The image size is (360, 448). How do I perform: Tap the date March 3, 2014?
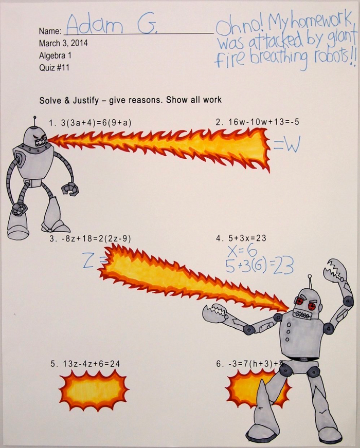click(63, 43)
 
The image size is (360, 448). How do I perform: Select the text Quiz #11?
click(54, 68)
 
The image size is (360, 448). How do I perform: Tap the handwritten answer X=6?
click(242, 251)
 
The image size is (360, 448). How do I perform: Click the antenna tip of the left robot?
click(35, 117)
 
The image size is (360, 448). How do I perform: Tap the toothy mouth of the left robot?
click(41, 141)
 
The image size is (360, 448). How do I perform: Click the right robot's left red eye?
click(300, 301)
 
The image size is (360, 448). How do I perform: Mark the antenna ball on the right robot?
click(309, 276)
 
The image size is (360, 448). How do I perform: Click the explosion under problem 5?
click(94, 390)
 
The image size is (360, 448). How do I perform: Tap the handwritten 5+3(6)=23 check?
click(259, 267)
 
